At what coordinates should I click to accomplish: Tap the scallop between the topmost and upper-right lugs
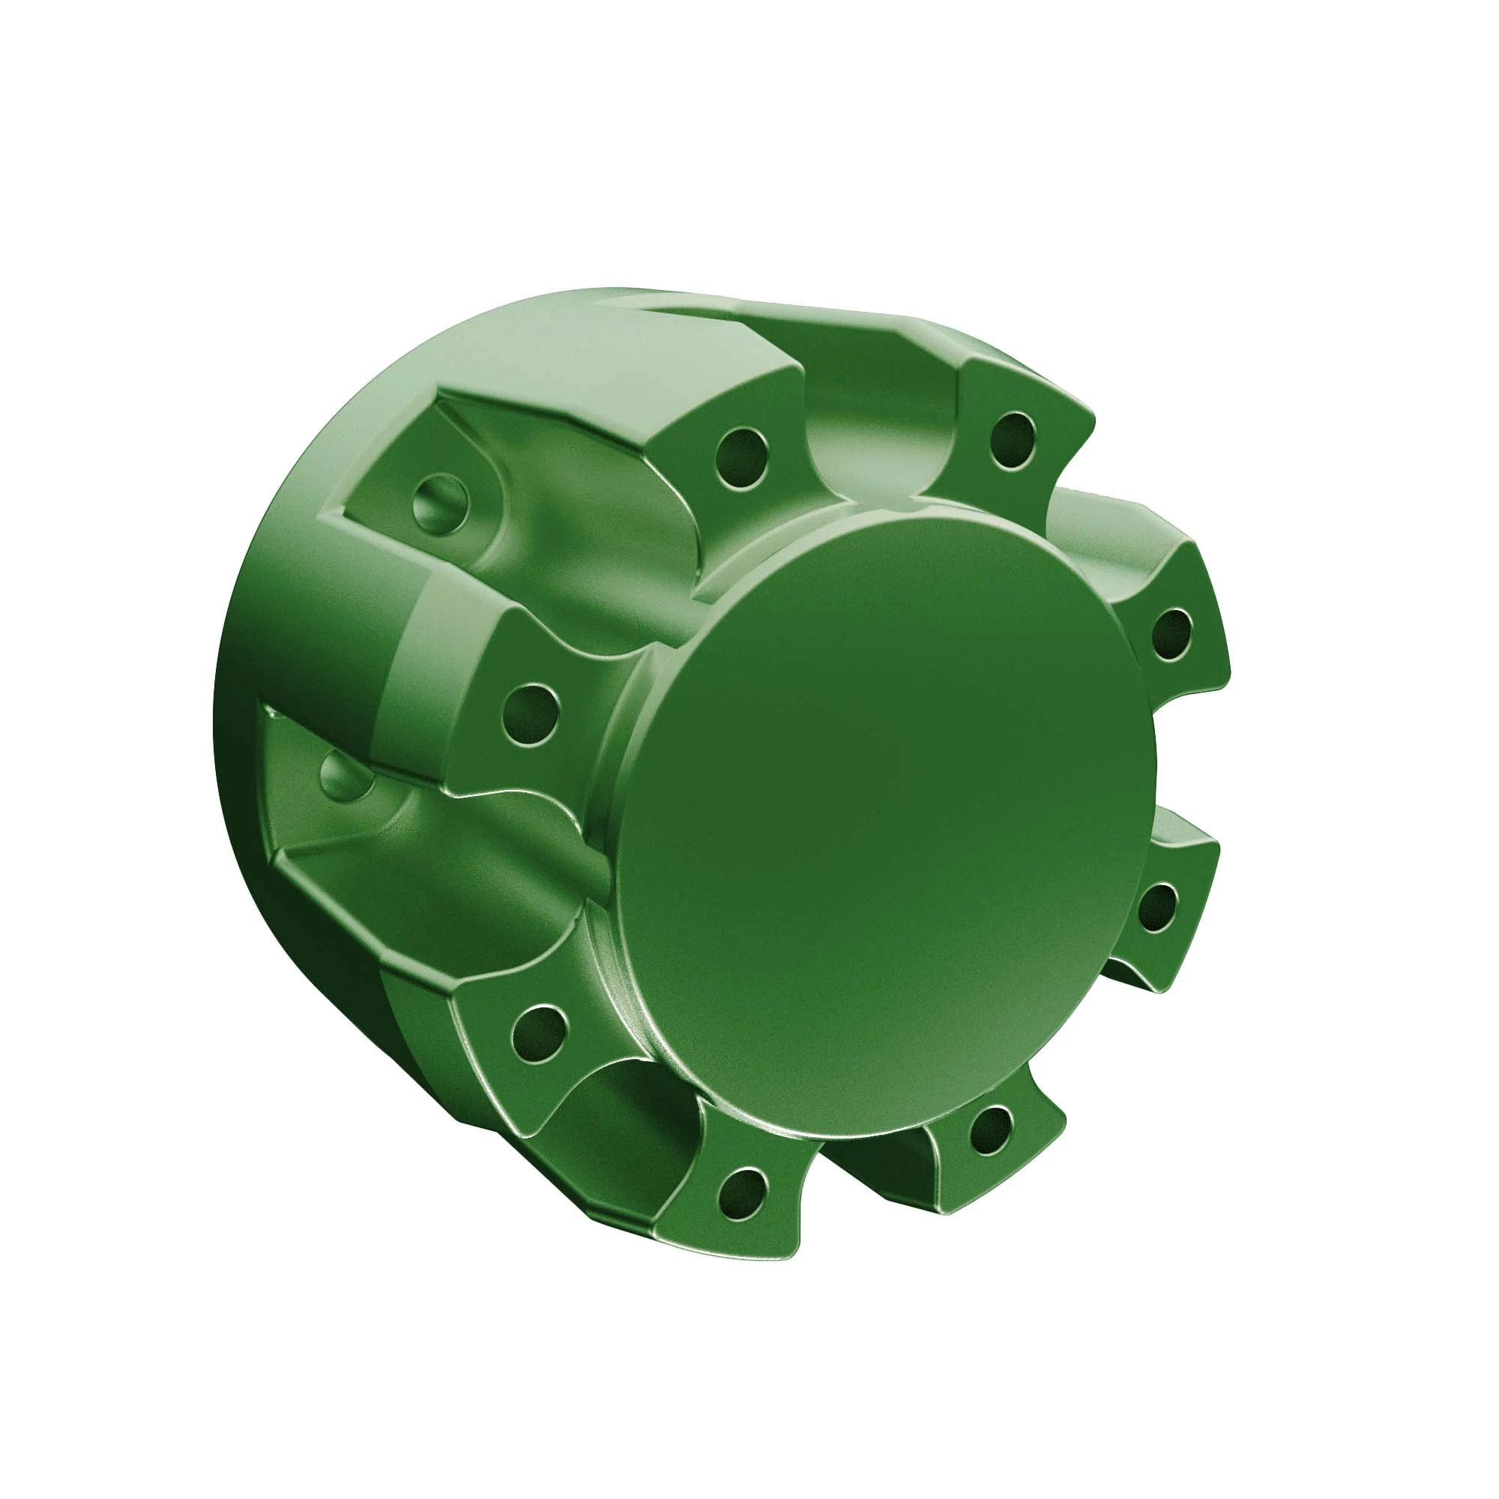click(x=1102, y=528)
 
